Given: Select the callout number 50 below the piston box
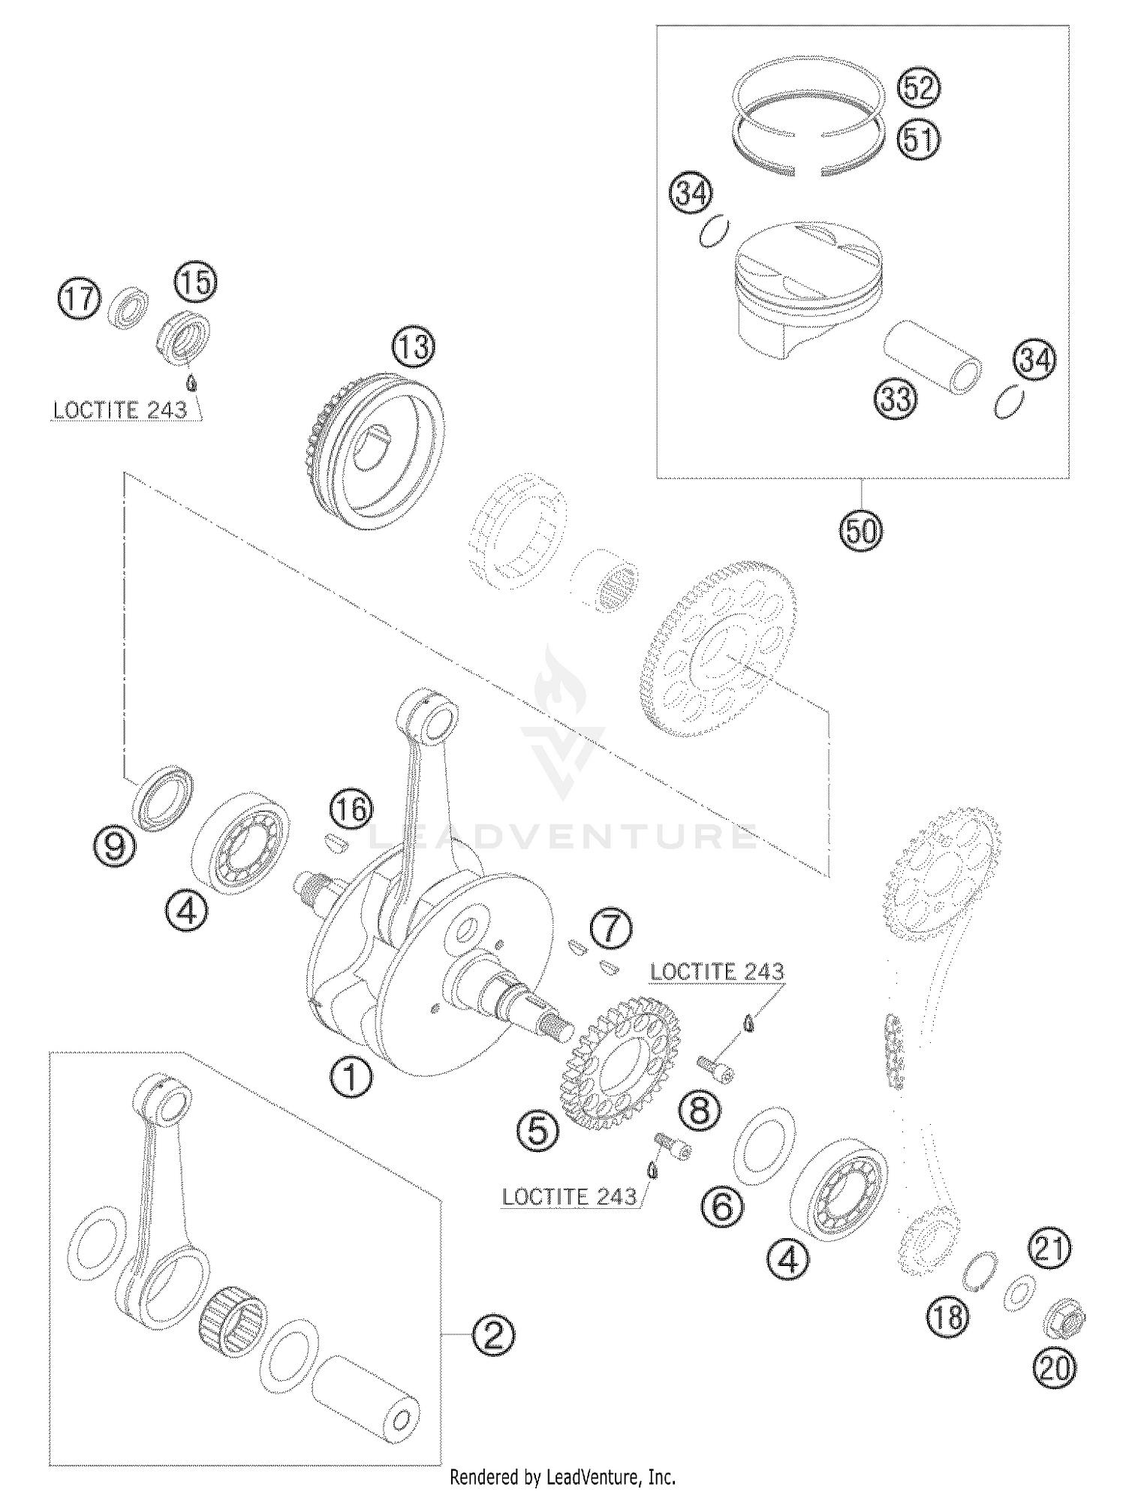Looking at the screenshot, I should (x=860, y=531).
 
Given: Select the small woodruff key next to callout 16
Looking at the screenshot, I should (x=334, y=841).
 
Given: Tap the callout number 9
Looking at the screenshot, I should (x=114, y=848).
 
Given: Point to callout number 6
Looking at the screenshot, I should (x=721, y=1207).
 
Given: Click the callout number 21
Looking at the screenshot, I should (x=1050, y=1249).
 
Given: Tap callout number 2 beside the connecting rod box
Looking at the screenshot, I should (x=493, y=1334).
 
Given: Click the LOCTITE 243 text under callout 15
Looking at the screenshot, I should (x=120, y=411).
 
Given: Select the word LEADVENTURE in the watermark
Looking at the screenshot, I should (x=563, y=835).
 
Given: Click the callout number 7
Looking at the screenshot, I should (x=611, y=930).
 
